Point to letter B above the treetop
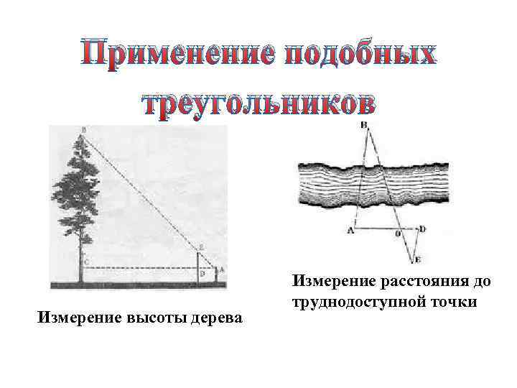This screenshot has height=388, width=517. (x=83, y=130)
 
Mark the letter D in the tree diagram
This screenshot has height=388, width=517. (x=204, y=274)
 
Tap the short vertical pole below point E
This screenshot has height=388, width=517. (x=199, y=267)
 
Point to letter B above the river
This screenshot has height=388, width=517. (x=364, y=125)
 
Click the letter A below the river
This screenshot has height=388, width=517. (x=350, y=231)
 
